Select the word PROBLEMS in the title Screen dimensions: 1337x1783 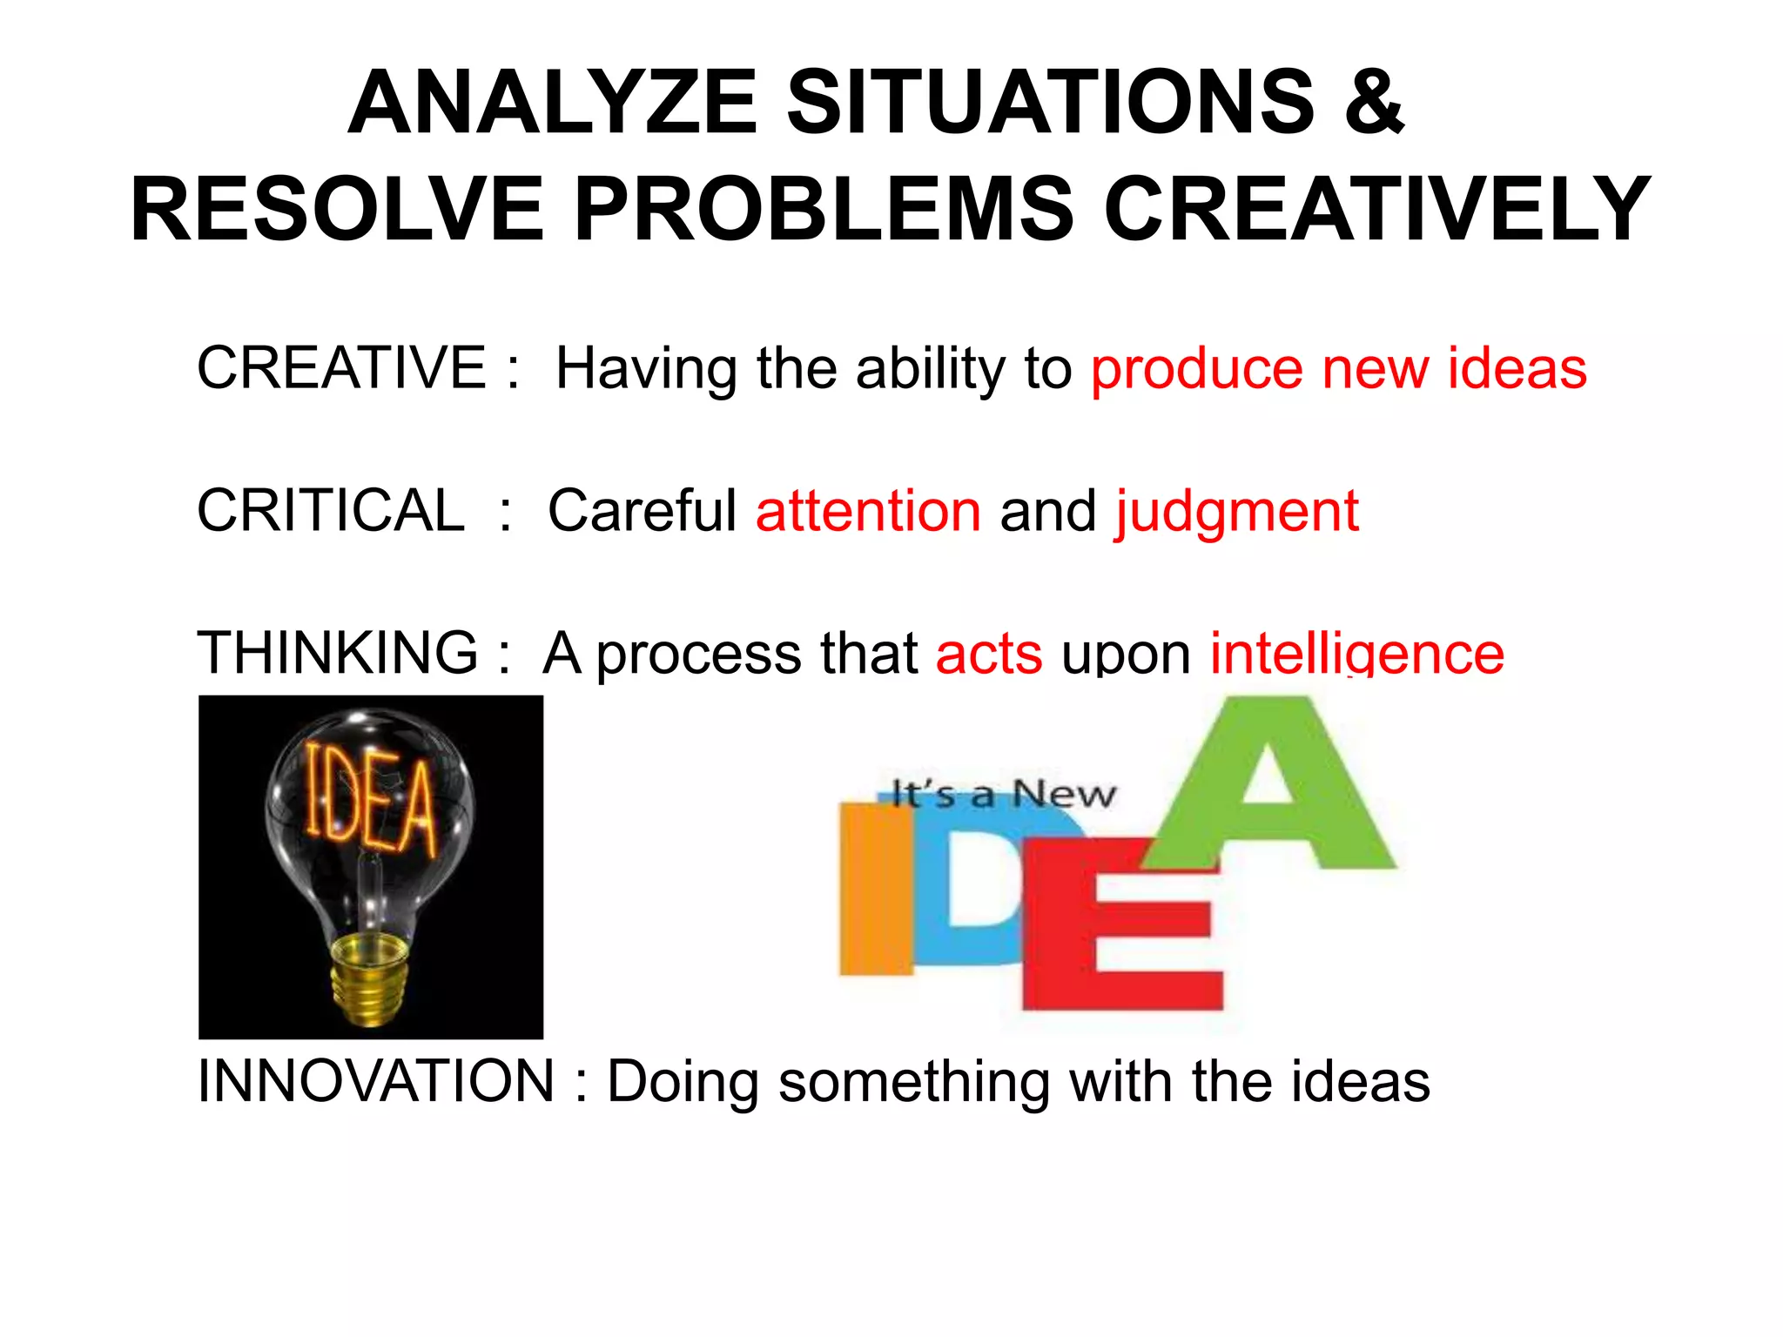click(x=824, y=210)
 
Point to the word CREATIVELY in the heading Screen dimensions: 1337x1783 click(x=1377, y=210)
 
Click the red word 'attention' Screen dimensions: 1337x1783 click(x=868, y=511)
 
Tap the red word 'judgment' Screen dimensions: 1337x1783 click(x=1236, y=513)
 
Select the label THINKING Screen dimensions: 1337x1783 click(x=338, y=652)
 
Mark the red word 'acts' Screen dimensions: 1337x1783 click(x=989, y=654)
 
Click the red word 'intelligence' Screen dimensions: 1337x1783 click(x=1357, y=654)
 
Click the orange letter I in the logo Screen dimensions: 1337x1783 click(x=875, y=888)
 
